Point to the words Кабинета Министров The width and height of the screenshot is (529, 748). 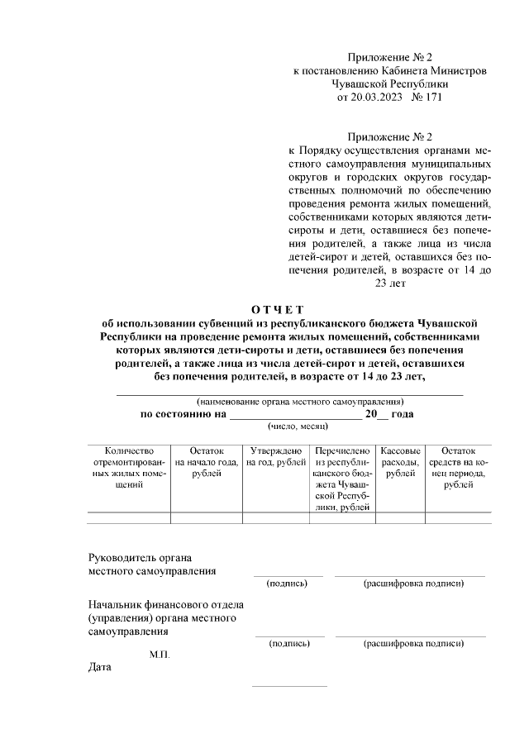point(441,71)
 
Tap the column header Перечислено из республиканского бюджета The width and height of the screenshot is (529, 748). point(342,479)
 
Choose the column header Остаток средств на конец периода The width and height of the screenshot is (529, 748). point(459,468)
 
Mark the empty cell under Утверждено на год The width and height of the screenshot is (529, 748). point(276,518)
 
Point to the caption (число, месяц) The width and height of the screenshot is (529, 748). point(298,427)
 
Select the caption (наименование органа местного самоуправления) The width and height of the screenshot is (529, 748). point(288,402)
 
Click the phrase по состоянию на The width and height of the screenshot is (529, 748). point(183,414)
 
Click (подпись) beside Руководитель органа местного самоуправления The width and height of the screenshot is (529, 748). point(288,584)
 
